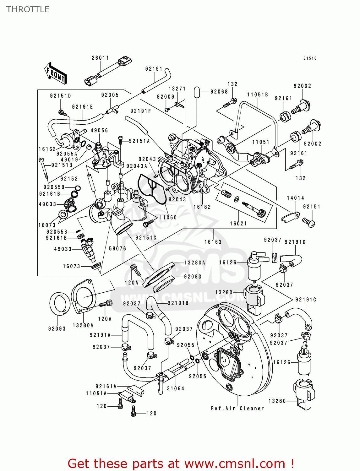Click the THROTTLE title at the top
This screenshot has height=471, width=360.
click(28, 9)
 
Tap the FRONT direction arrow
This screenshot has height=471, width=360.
click(56, 73)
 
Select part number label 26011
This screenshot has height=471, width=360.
click(100, 58)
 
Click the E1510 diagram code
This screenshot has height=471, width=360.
click(310, 58)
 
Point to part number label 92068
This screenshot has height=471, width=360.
click(219, 92)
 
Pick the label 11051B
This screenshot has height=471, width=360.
click(257, 95)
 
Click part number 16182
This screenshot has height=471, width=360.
click(202, 207)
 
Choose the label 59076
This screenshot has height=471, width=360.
click(117, 248)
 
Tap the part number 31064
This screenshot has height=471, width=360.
click(175, 388)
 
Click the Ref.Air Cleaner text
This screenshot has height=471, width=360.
click(237, 408)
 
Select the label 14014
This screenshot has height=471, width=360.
click(295, 198)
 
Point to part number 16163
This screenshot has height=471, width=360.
click(213, 242)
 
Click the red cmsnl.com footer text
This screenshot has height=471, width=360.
click(181, 463)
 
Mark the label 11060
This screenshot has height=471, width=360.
click(168, 217)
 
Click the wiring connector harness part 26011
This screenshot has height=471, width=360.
click(108, 71)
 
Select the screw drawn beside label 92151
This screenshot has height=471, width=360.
click(308, 222)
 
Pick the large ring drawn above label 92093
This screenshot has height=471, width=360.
click(60, 303)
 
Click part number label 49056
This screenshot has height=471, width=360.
click(99, 130)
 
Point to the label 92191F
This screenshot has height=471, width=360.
click(140, 111)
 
